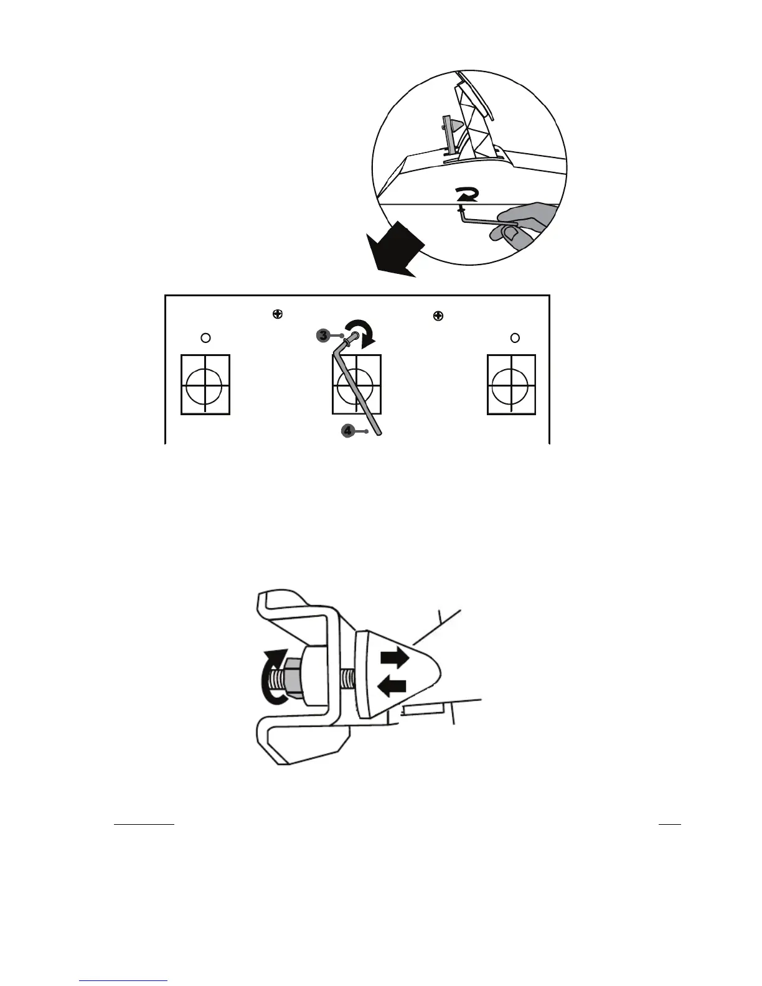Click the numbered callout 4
347,430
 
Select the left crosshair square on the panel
205,385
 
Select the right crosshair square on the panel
511,385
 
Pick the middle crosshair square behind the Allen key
357,385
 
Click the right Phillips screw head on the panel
438,316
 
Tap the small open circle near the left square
206,337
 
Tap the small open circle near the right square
515,337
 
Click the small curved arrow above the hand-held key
466,195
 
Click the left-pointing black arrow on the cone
392,686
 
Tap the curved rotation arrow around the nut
271,677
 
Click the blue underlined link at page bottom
124,980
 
